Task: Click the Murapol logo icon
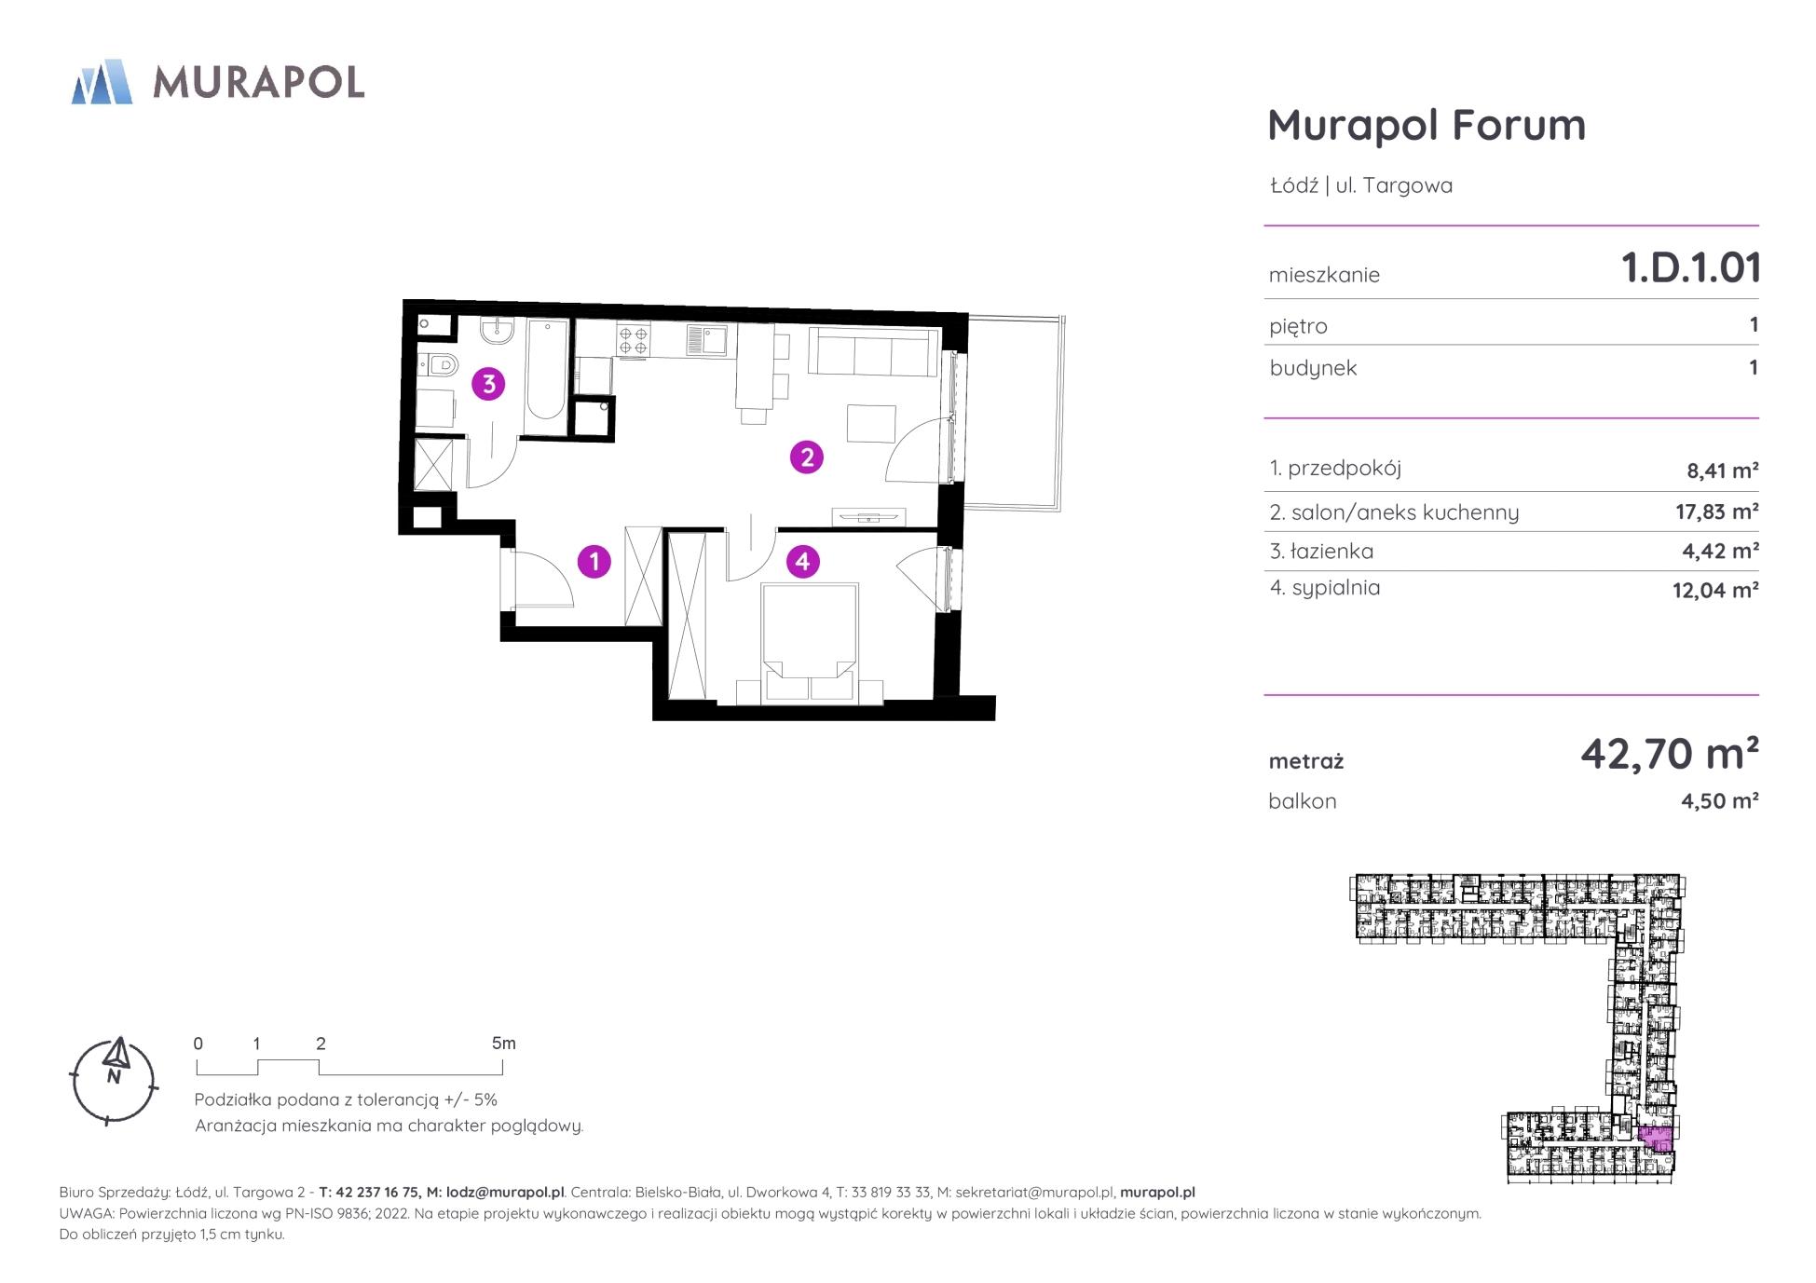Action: (x=102, y=82)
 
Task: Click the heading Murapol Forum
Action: (x=1427, y=125)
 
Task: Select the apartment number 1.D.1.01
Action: (x=1691, y=268)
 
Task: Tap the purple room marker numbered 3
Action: (x=488, y=384)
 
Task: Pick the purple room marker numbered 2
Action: (x=807, y=457)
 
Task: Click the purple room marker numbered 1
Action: (x=594, y=561)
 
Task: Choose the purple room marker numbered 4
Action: (x=802, y=561)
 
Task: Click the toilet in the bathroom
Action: (x=438, y=364)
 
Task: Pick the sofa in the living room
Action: (x=873, y=351)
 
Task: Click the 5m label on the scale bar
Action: (x=503, y=1044)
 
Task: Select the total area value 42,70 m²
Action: (x=1670, y=753)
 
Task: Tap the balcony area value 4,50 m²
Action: (x=1719, y=801)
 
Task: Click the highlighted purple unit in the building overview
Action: (x=1655, y=1139)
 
